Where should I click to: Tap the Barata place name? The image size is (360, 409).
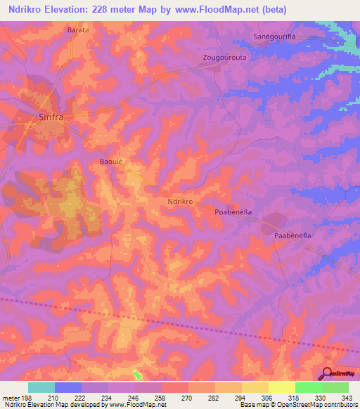(x=78, y=31)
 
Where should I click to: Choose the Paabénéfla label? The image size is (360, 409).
(x=292, y=237)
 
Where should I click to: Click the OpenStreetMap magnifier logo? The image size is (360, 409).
(x=328, y=374)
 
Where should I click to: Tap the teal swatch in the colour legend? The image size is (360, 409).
(x=41, y=387)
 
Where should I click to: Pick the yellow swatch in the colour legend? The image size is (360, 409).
(x=282, y=387)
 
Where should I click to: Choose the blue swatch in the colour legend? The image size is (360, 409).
(x=68, y=387)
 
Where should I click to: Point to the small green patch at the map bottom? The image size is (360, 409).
(x=136, y=375)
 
